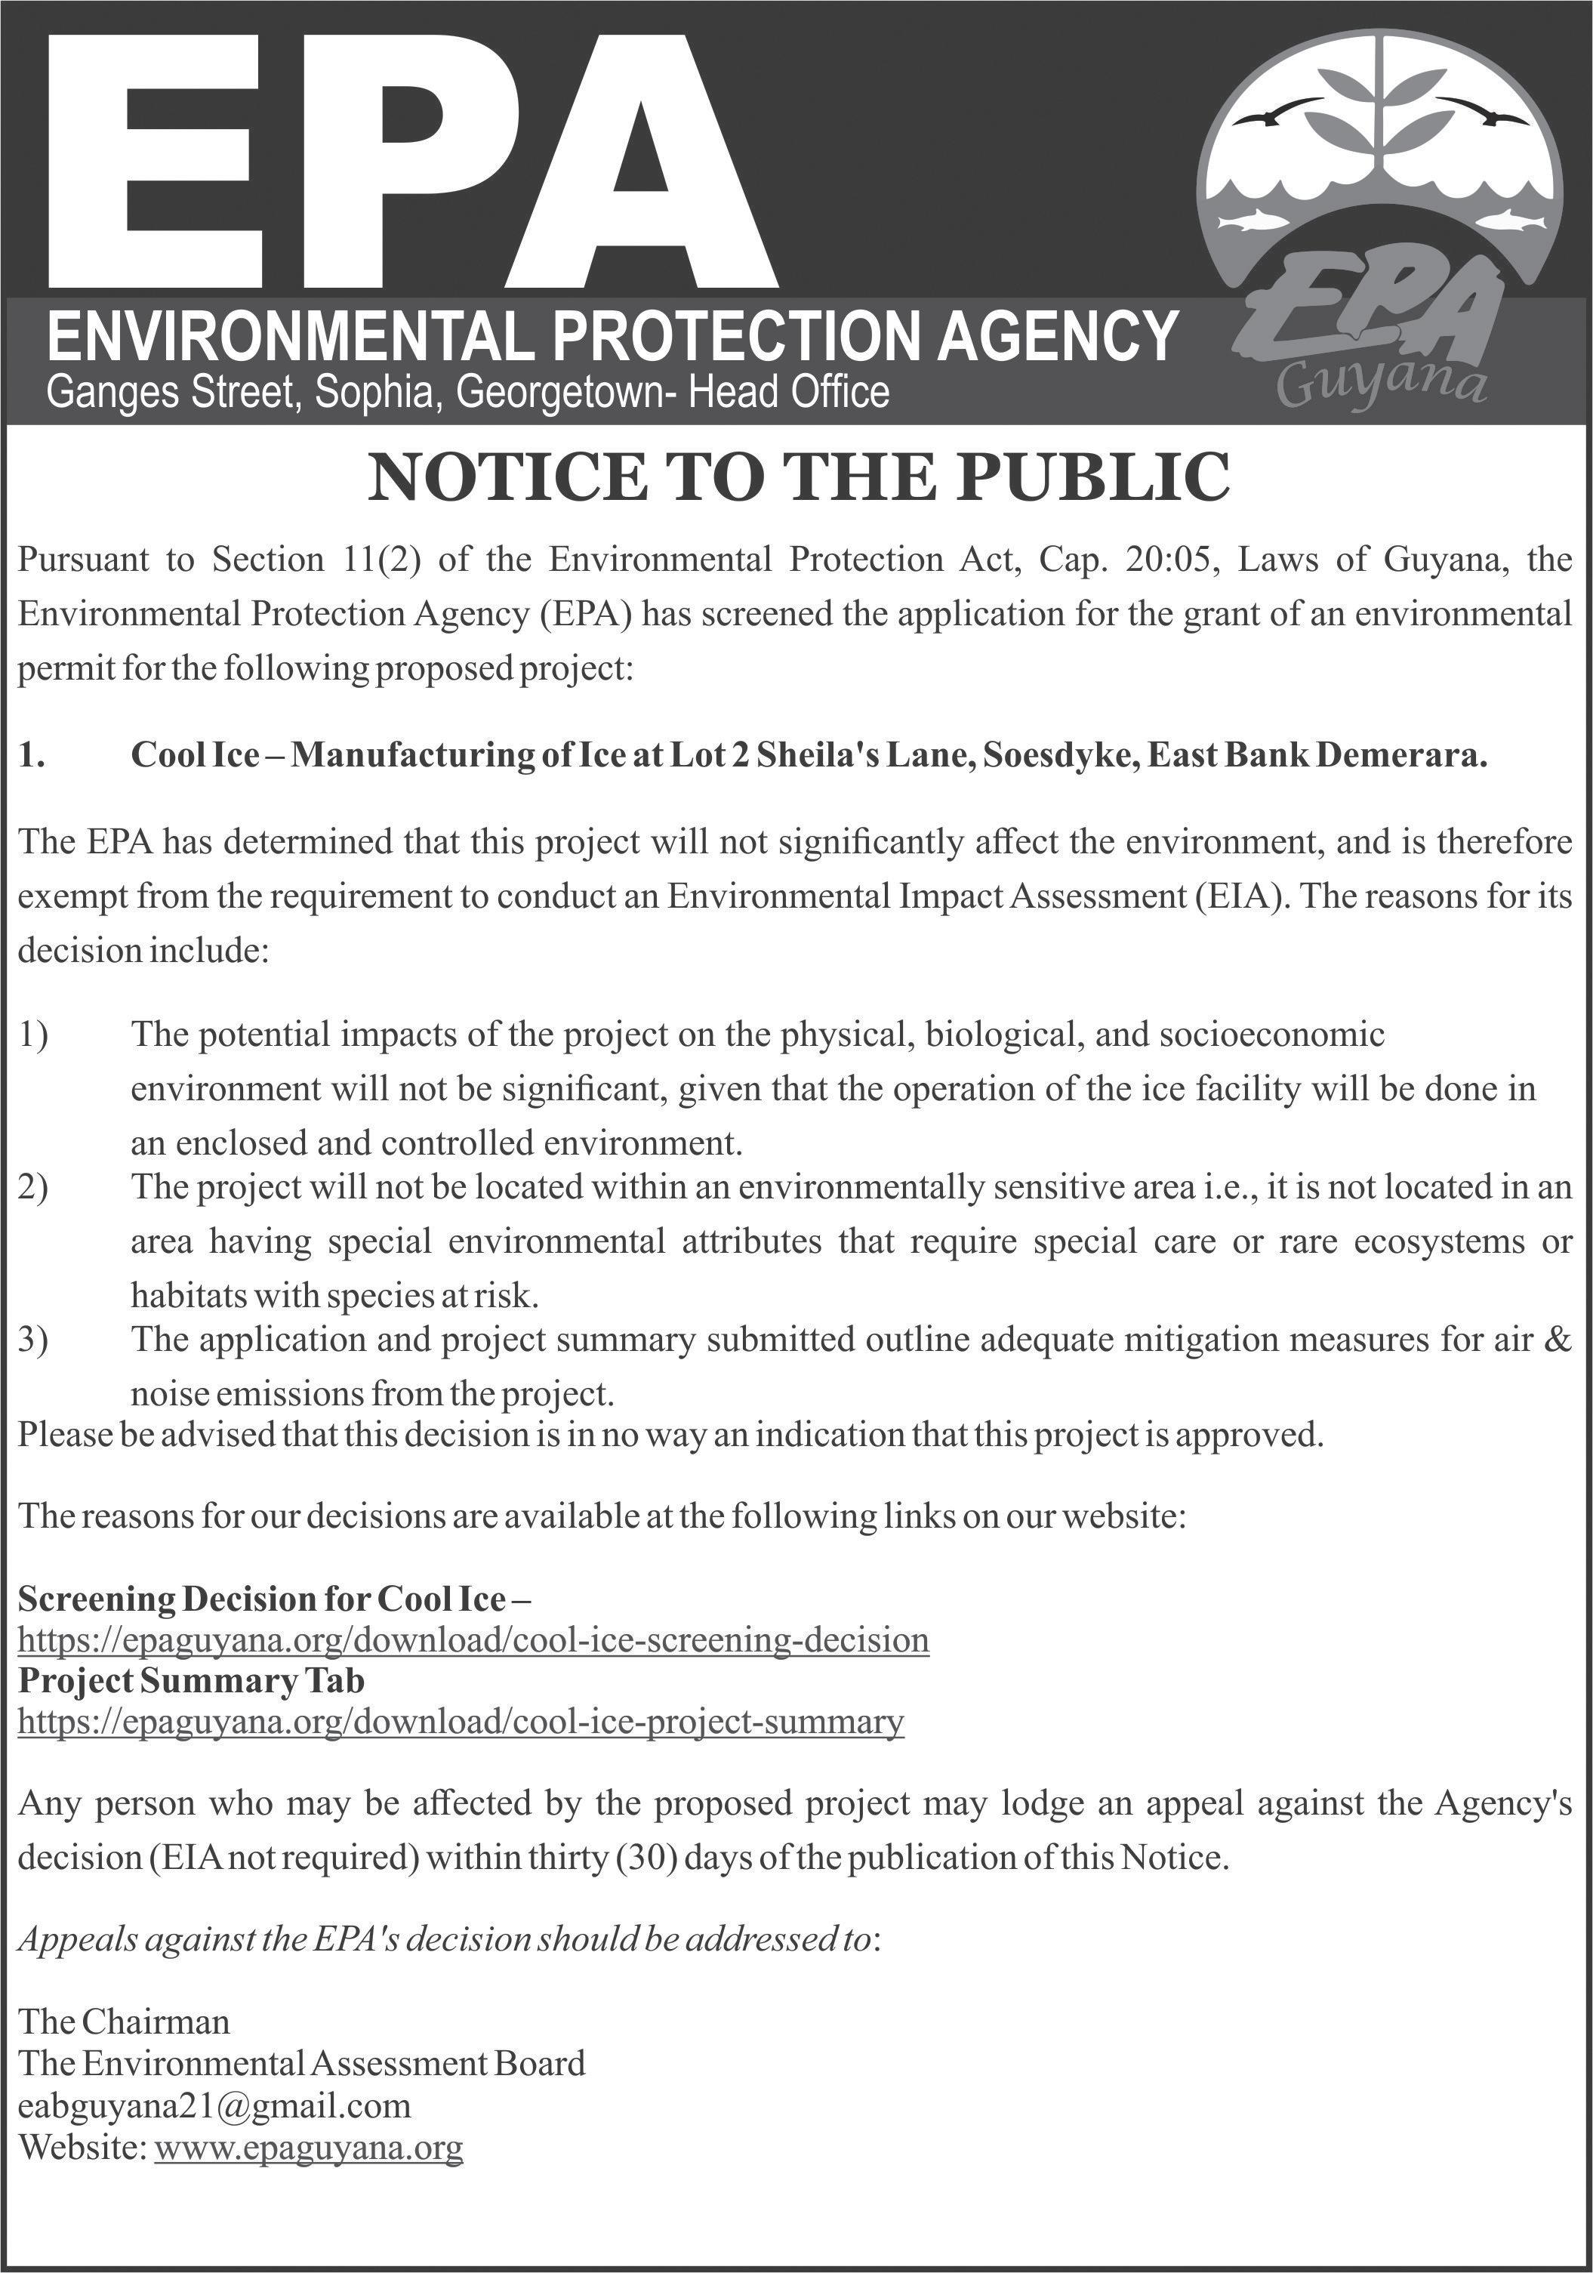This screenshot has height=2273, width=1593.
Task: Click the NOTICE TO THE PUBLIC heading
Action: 798,477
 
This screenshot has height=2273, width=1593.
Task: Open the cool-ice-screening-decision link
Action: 473,1640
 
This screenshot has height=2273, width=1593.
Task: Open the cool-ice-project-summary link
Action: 461,1722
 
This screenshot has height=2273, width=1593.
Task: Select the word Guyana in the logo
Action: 1381,383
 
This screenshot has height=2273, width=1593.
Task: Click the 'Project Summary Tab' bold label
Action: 191,1681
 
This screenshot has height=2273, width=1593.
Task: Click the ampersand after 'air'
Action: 1558,1340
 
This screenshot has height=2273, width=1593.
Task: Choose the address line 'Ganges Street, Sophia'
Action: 242,393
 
